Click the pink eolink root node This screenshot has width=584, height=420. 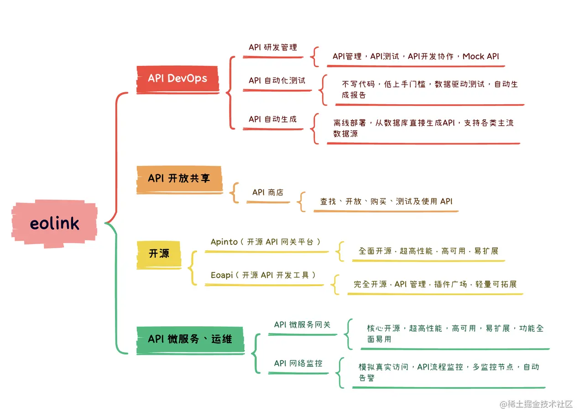(x=54, y=223)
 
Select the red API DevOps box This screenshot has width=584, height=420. (x=177, y=78)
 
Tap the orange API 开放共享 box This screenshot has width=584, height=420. (x=179, y=178)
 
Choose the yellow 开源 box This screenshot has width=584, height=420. (x=159, y=254)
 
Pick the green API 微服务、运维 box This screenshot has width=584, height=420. (x=190, y=339)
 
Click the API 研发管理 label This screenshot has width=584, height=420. (x=273, y=48)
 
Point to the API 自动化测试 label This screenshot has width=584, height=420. (x=277, y=80)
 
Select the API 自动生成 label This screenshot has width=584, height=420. (x=272, y=119)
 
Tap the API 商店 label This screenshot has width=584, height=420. (x=268, y=192)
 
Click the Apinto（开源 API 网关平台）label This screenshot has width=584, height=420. (x=266, y=242)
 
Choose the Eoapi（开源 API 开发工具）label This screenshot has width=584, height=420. (x=263, y=275)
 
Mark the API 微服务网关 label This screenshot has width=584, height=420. (x=302, y=325)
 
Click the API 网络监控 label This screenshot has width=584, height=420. (x=298, y=364)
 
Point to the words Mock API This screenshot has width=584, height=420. (x=481, y=57)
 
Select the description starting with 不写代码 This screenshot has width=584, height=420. (x=430, y=90)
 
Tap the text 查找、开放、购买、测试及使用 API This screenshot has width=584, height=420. (x=386, y=202)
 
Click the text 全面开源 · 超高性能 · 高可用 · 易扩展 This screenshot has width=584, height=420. (x=428, y=251)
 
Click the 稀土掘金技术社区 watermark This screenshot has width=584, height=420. (x=536, y=404)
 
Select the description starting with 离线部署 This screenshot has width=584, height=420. (x=423, y=128)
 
